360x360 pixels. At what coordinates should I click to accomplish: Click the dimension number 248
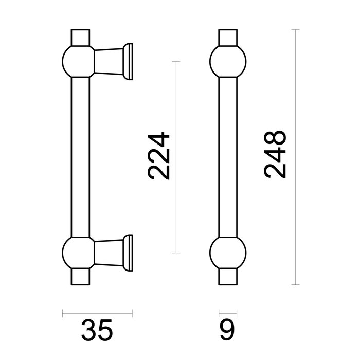(274, 155)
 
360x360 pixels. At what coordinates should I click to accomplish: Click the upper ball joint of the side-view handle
(78, 61)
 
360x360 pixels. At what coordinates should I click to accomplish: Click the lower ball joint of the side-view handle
(78, 252)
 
